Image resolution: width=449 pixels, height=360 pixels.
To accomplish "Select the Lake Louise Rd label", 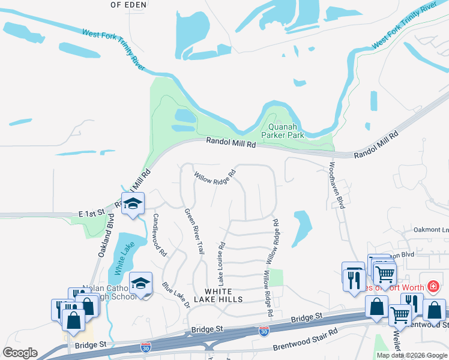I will [x=221, y=263].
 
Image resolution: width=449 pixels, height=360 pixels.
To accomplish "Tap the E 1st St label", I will [x=91, y=212].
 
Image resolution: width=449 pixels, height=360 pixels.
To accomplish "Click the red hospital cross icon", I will [x=433, y=287].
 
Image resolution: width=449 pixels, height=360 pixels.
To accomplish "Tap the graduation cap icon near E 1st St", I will [x=133, y=202].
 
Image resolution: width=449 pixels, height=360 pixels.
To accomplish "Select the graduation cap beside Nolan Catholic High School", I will [x=140, y=283].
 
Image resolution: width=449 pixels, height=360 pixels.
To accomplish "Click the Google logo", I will [x=20, y=353].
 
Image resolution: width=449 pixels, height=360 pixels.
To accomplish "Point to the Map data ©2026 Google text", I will [x=412, y=355].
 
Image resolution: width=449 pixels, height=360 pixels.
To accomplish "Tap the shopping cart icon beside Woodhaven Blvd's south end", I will [x=385, y=274].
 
